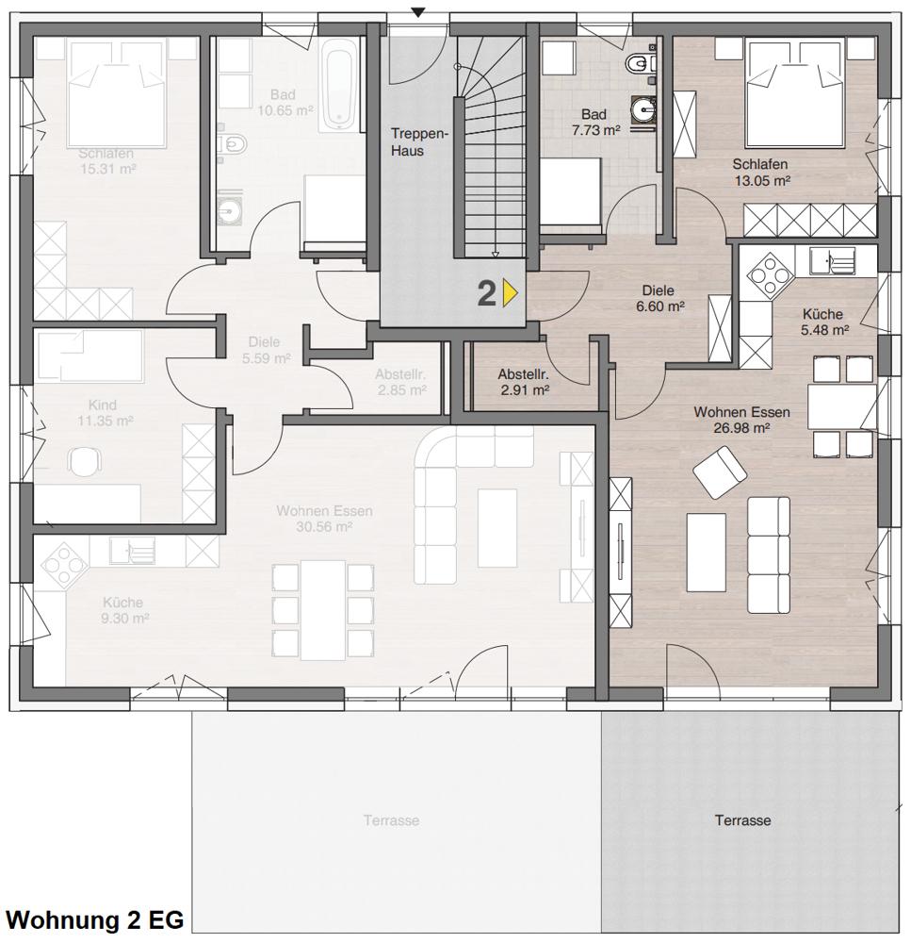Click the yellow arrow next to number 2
511,293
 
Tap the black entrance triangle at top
419,11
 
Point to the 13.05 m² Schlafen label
760,173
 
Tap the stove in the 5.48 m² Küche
771,275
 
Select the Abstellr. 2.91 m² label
523,381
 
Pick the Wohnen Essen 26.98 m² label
741,420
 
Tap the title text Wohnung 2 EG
94,920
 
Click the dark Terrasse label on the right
742,820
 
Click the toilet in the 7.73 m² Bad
641,63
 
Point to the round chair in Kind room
86,461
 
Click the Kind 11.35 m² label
105,413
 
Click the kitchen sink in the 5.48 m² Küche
832,259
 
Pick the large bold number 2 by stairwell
486,293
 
